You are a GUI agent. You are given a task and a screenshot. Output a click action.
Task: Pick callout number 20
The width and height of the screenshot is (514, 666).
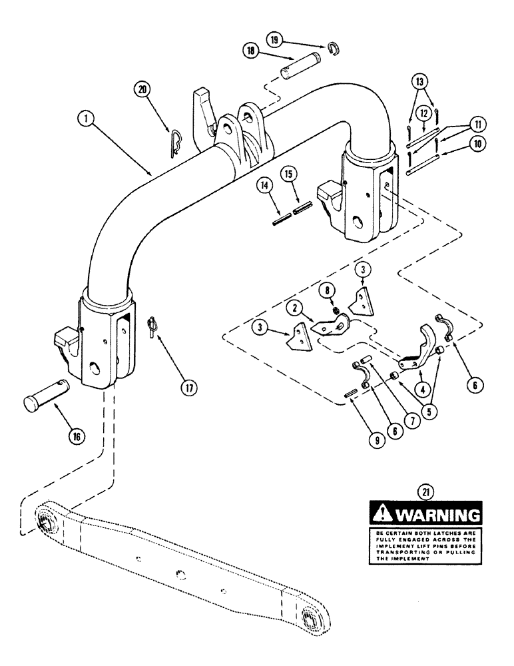point(140,89)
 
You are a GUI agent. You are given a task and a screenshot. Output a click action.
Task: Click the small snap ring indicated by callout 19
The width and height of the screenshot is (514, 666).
point(336,46)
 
